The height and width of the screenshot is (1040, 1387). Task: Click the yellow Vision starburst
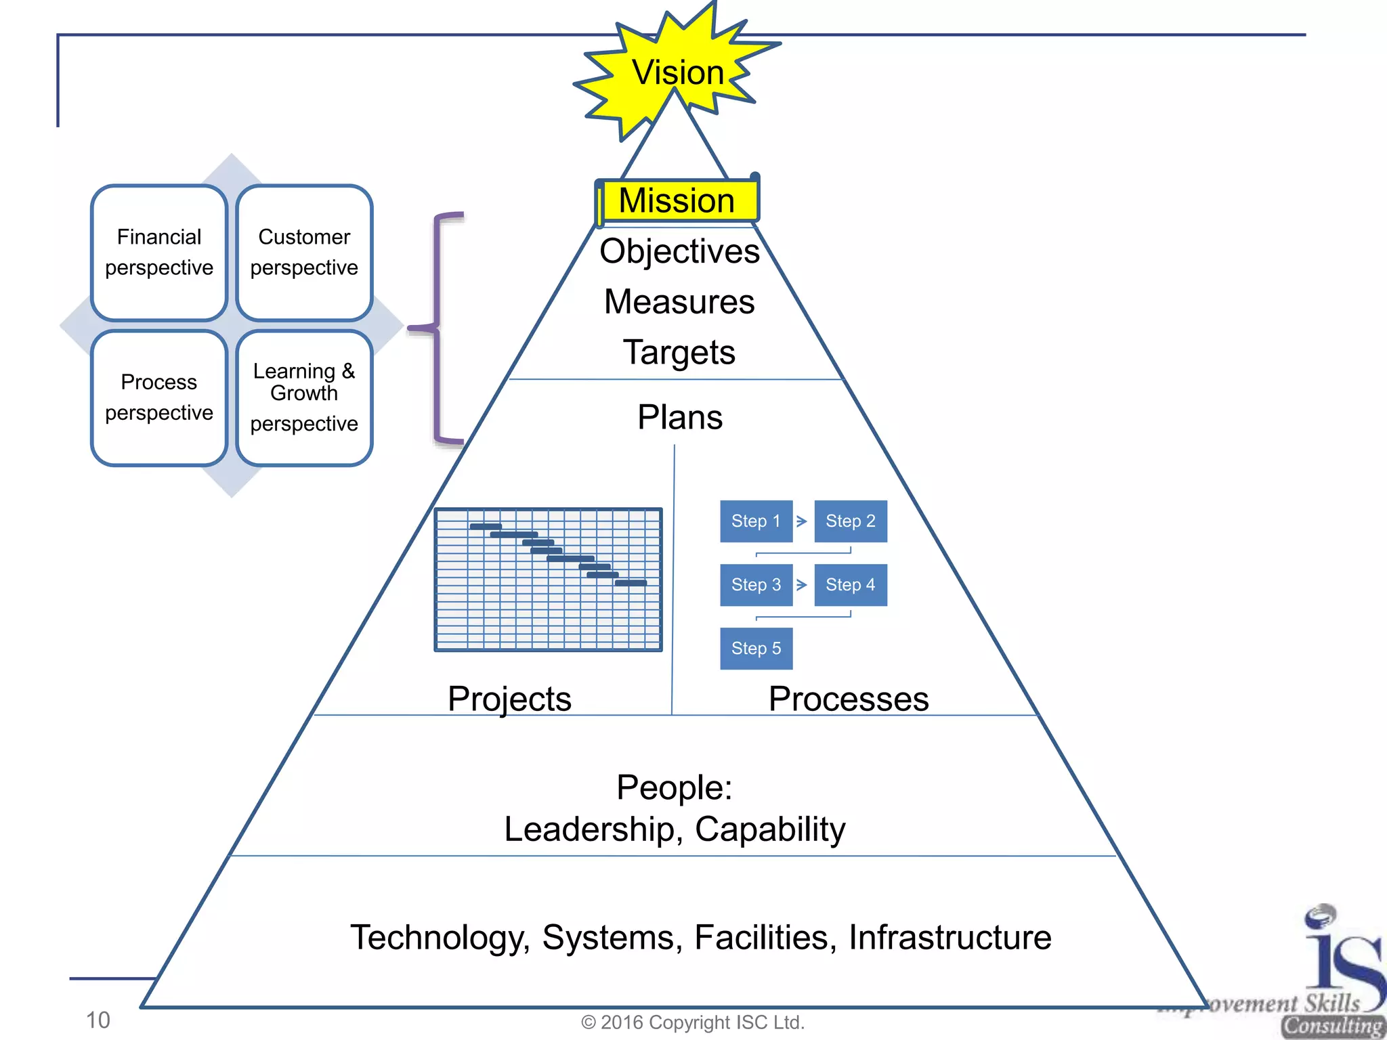[677, 72]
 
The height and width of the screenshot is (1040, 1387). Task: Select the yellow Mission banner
[677, 200]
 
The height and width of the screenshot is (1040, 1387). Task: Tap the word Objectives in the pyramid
[679, 251]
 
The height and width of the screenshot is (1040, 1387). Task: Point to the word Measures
[679, 302]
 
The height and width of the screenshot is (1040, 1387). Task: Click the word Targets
[679, 353]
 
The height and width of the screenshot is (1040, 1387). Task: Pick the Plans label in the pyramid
[679, 417]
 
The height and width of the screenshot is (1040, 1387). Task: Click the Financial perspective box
[159, 253]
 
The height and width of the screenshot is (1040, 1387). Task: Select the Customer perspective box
[304, 253]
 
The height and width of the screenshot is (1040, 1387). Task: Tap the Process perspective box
[159, 397]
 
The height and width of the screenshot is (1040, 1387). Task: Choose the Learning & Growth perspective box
[304, 397]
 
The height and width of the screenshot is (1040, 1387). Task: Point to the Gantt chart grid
[548, 580]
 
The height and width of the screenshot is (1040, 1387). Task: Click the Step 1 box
[756, 521]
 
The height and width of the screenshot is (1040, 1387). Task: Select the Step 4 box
[850, 585]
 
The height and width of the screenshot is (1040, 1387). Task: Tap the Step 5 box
[756, 649]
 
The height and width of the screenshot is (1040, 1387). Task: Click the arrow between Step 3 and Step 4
[802, 585]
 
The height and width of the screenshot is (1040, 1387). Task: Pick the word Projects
[509, 699]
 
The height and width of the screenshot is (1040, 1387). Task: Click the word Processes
[849, 699]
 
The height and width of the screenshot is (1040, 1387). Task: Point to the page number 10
[98, 1020]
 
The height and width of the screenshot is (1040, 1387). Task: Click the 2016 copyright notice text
[693, 1022]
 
